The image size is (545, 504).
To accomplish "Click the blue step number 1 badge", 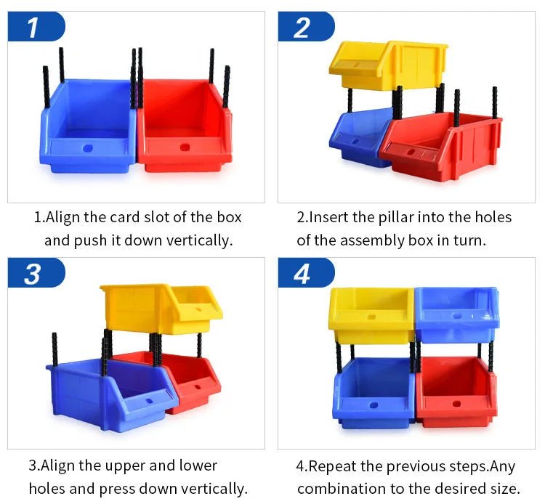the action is click(x=36, y=26).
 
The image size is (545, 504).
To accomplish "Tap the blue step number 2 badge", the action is click(x=306, y=26).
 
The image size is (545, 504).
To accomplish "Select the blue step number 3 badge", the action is click(x=36, y=272).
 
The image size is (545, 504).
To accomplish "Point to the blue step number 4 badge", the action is click(x=306, y=272).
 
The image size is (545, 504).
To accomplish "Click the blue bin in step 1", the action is click(x=89, y=127).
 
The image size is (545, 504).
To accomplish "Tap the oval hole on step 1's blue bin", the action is click(x=88, y=148).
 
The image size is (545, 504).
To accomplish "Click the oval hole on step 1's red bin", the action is click(x=185, y=147).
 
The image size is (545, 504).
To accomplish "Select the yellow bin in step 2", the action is click(x=388, y=65).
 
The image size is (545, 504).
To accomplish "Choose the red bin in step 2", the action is click(x=441, y=146).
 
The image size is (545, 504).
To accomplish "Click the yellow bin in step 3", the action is click(x=161, y=309).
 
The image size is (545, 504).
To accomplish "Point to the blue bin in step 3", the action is click(x=112, y=394).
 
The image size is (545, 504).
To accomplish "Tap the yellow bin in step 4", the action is click(x=371, y=314).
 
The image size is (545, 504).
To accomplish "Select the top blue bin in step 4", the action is click(x=457, y=314).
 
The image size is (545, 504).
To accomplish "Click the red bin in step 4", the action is click(x=456, y=391).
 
